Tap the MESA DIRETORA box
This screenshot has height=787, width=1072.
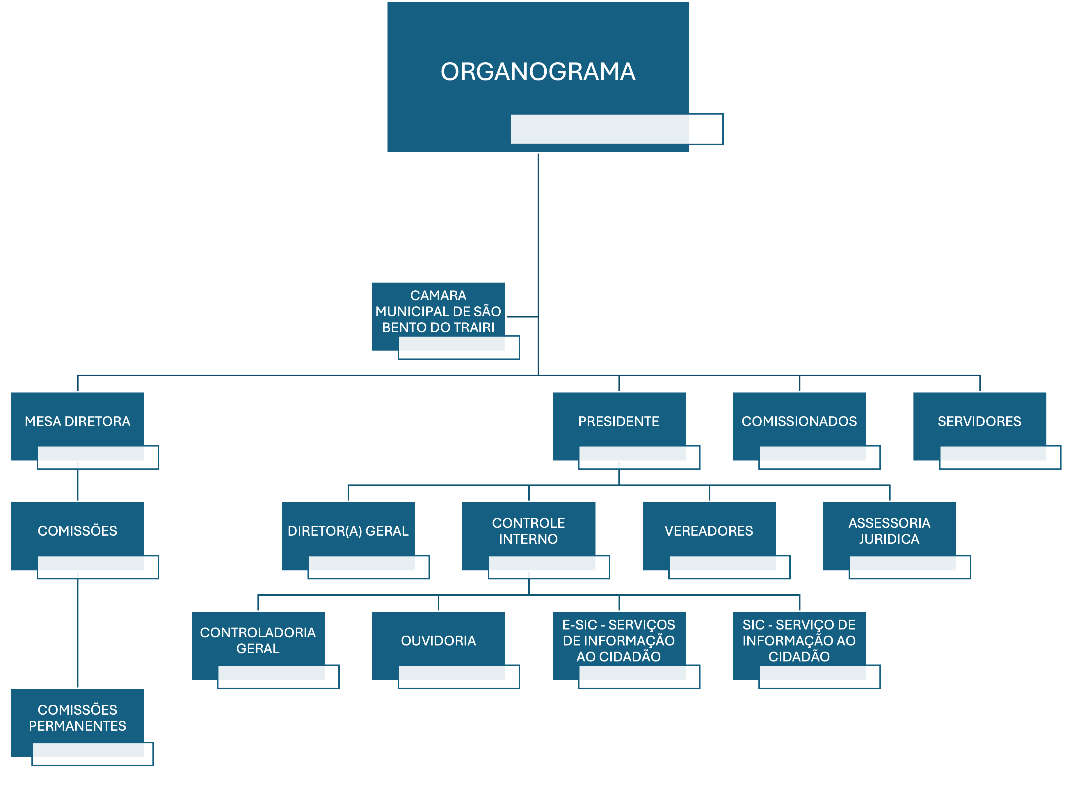click(77, 421)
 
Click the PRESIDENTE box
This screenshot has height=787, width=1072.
click(618, 421)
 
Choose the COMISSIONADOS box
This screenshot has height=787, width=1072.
click(799, 421)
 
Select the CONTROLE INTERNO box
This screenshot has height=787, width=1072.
click(528, 531)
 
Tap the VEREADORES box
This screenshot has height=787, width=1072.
click(709, 531)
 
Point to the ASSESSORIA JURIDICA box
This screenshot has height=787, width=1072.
click(889, 531)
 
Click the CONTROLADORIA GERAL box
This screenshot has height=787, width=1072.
click(257, 640)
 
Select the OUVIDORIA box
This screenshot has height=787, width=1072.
click(438, 640)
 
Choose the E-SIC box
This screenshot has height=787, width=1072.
click(618, 640)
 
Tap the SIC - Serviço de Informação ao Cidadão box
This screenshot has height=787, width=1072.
click(799, 640)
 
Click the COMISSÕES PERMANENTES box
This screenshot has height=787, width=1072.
click(77, 718)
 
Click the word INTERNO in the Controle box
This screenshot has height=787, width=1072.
click(528, 539)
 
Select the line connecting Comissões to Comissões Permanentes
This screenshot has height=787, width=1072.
click(77, 634)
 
